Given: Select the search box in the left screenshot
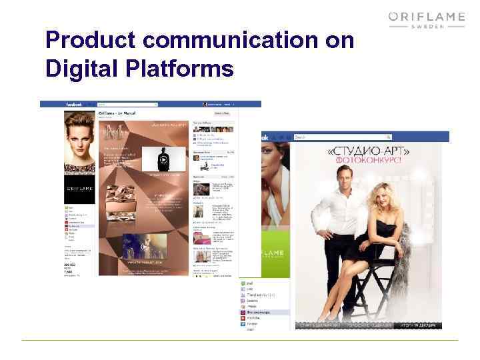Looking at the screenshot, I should (x=127, y=105).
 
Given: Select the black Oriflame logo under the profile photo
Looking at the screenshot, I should (x=79, y=190).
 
